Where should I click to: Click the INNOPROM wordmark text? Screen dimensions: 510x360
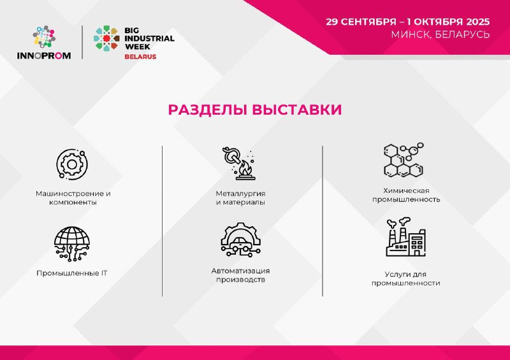(44, 55)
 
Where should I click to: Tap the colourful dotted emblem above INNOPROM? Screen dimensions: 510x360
(44, 37)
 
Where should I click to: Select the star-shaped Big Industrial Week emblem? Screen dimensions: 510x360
(106, 38)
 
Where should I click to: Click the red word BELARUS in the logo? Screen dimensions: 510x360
(140, 57)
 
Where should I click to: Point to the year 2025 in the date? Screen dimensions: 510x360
(477, 22)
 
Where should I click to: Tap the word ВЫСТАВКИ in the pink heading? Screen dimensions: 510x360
(297, 110)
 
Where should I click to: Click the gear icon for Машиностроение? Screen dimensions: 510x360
(72, 164)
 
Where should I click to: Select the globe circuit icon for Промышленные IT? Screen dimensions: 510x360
(72, 244)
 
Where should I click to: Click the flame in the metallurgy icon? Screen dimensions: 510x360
(245, 168)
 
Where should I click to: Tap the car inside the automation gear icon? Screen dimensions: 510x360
(240, 243)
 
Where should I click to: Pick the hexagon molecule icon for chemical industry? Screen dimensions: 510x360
(404, 160)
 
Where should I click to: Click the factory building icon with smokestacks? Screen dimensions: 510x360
(406, 237)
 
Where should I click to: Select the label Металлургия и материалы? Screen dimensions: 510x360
(240, 198)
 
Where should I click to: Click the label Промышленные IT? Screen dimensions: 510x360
(71, 273)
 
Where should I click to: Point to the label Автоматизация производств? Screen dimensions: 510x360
(240, 275)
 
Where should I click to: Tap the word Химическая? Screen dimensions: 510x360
(406, 191)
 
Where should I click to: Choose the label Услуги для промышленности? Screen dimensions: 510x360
(405, 278)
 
